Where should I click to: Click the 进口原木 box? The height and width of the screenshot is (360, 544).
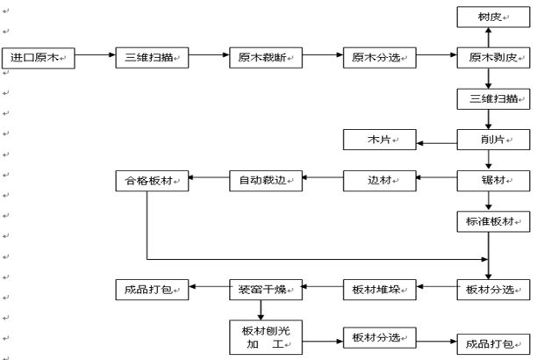(39, 58)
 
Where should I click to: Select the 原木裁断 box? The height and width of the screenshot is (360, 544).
(266, 58)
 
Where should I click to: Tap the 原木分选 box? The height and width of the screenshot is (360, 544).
(380, 58)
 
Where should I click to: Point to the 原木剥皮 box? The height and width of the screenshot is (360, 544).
(494, 58)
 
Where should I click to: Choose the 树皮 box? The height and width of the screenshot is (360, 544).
(494, 17)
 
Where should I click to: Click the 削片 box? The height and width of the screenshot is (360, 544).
(494, 140)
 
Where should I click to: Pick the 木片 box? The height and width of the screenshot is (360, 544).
(380, 140)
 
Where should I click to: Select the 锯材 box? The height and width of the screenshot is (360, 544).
(494, 181)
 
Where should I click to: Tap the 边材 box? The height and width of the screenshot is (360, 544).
(380, 181)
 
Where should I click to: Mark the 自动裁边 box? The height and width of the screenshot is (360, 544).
(266, 181)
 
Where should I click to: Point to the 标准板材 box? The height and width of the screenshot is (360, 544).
(494, 221)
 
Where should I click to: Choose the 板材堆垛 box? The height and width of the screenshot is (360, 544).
(380, 288)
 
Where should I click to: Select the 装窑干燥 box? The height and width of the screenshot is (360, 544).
(266, 288)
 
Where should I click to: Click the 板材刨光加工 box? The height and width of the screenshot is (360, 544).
(266, 336)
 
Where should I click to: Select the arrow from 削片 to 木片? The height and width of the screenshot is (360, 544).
(437, 140)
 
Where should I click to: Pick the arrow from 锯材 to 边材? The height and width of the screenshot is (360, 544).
(437, 181)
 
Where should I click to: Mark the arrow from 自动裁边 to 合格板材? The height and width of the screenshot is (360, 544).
(209, 181)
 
